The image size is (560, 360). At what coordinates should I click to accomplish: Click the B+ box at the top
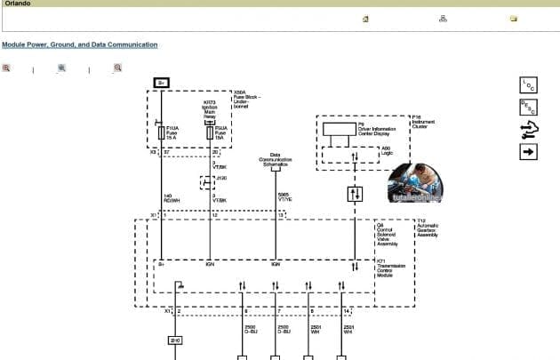(x=161, y=82)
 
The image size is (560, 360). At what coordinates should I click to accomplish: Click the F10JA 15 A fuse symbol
(x=160, y=132)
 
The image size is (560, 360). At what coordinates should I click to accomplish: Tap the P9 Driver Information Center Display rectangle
(x=337, y=128)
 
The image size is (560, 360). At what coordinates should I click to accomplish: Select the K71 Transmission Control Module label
(x=391, y=268)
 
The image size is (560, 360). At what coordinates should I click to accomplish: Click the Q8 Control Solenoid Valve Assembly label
(x=389, y=234)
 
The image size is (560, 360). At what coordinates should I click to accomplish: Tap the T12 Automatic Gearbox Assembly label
(x=428, y=228)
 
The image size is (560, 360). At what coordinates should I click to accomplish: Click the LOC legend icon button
(x=528, y=85)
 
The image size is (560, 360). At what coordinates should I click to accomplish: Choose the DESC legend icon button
(x=528, y=108)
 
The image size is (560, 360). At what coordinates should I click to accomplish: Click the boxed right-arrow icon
(x=528, y=152)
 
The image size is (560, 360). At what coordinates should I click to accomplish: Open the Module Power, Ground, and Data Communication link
(x=80, y=44)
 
